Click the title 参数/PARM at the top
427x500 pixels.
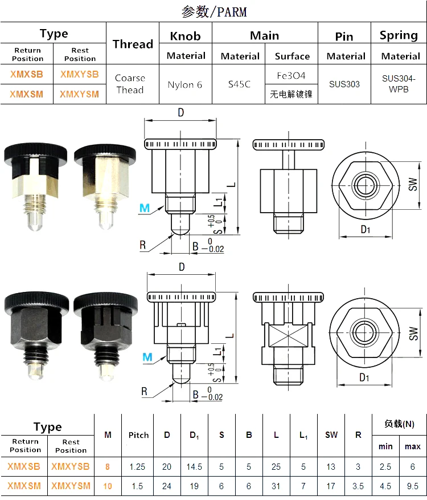[x=213, y=11]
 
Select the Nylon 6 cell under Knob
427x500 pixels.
[x=185, y=85]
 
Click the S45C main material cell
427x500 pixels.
[x=240, y=84]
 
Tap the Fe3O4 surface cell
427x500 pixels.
[x=291, y=75]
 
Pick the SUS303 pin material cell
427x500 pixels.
[x=344, y=84]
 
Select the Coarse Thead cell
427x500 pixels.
[x=130, y=84]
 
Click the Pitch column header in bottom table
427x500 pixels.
[x=137, y=435]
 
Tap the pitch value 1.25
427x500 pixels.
[x=137, y=466]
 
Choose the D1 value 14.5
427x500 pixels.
[x=194, y=466]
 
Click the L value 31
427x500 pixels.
[x=276, y=486]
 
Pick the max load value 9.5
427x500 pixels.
[x=413, y=486]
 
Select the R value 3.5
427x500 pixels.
[x=358, y=486]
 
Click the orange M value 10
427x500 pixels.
[x=108, y=486]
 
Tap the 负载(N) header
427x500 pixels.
[x=399, y=424]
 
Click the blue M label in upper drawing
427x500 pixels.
[x=145, y=209]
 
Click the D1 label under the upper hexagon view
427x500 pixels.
[x=365, y=230]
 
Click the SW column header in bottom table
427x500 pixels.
[x=331, y=435]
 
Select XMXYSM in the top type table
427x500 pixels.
[x=79, y=95]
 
